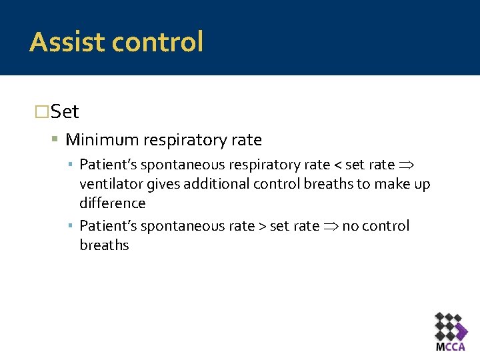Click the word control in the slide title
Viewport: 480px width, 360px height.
(157, 42)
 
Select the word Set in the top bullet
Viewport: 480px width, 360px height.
(65, 111)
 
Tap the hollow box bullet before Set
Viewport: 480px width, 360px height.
(41, 112)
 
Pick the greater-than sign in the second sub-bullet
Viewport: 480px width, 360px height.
(261, 226)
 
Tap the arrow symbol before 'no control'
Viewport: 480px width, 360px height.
(331, 226)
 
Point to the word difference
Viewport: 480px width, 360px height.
(112, 203)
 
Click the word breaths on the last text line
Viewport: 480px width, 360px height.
(104, 245)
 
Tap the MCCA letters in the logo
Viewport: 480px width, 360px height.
(450, 347)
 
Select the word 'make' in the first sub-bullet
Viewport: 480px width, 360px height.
(391, 184)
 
